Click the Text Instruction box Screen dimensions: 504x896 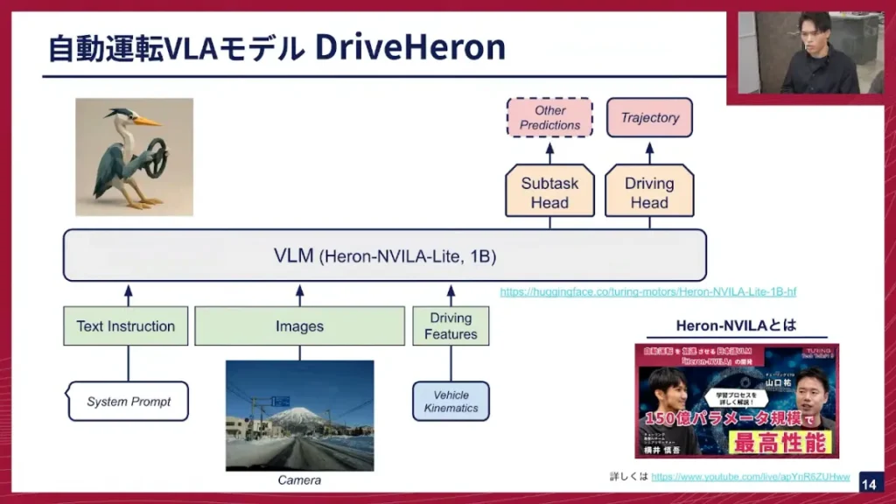[x=125, y=326]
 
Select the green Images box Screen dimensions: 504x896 [x=299, y=326]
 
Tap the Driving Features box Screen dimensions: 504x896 [x=451, y=326]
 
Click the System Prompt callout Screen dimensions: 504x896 [x=129, y=402]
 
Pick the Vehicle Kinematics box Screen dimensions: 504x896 [x=451, y=401]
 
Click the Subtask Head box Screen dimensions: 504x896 [x=549, y=192]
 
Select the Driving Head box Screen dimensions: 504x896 [x=649, y=192]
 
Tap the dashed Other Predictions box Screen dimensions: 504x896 [x=549, y=117]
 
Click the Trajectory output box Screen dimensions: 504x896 [x=649, y=117]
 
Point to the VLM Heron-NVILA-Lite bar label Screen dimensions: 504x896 [x=385, y=256]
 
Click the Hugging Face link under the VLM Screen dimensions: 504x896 [x=647, y=292]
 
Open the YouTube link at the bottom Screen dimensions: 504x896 [x=750, y=477]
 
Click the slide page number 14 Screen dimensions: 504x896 [x=868, y=484]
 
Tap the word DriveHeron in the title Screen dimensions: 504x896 [x=409, y=48]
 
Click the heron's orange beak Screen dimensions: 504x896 [x=148, y=121]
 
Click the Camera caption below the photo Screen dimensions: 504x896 [x=299, y=480]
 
